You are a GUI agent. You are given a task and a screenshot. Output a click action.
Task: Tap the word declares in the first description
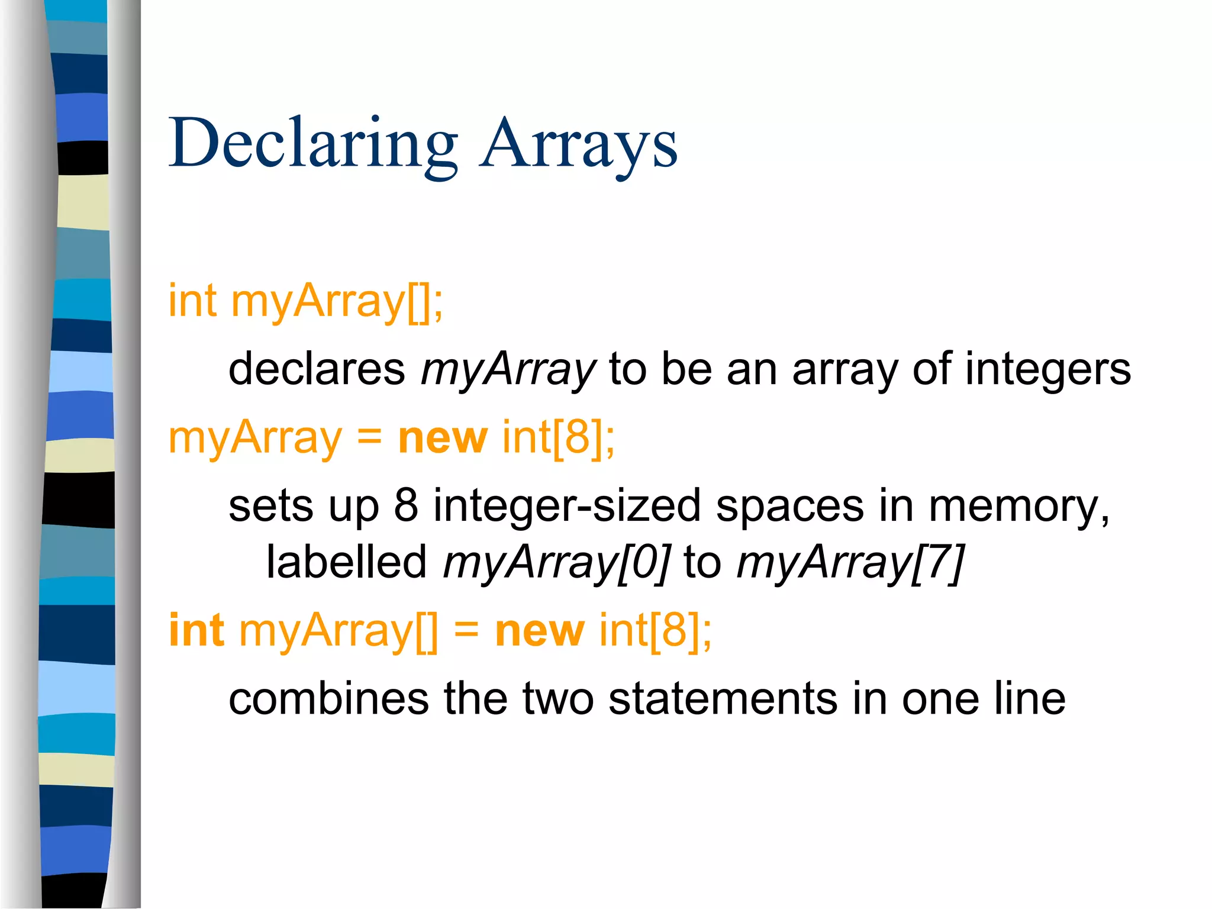pyautogui.click(x=317, y=369)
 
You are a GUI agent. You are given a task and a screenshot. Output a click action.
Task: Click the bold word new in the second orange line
pyautogui.click(x=443, y=438)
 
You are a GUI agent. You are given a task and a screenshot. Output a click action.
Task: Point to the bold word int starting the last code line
pyautogui.click(x=196, y=630)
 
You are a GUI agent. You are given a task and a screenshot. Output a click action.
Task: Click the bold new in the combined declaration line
pyautogui.click(x=540, y=630)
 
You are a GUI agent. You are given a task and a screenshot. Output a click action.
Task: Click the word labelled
pyautogui.click(x=346, y=561)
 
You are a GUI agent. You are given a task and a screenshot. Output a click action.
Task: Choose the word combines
pyautogui.click(x=328, y=699)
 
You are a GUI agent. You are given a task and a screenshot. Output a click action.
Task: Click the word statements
pyautogui.click(x=723, y=699)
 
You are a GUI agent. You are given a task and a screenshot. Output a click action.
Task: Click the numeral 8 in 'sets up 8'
pyautogui.click(x=406, y=506)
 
